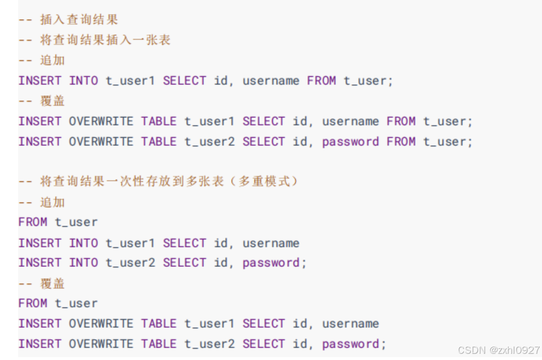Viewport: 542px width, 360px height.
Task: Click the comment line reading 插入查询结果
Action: coord(79,20)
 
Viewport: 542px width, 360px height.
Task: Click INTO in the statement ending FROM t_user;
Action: coord(83,81)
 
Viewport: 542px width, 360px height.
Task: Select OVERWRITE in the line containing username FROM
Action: coord(101,121)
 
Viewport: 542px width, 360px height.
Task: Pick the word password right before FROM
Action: coord(350,142)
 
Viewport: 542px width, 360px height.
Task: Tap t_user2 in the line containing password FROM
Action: coord(209,142)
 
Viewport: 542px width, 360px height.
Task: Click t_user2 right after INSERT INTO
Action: coord(130,263)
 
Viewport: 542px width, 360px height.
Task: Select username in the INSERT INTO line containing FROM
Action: coord(271,81)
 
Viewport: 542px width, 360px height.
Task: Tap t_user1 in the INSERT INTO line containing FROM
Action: coord(130,81)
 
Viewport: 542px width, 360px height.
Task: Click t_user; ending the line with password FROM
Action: coord(448,142)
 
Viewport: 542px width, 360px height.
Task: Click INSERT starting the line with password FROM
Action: coord(40,142)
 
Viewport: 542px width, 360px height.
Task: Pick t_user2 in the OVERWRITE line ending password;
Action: coord(209,344)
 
